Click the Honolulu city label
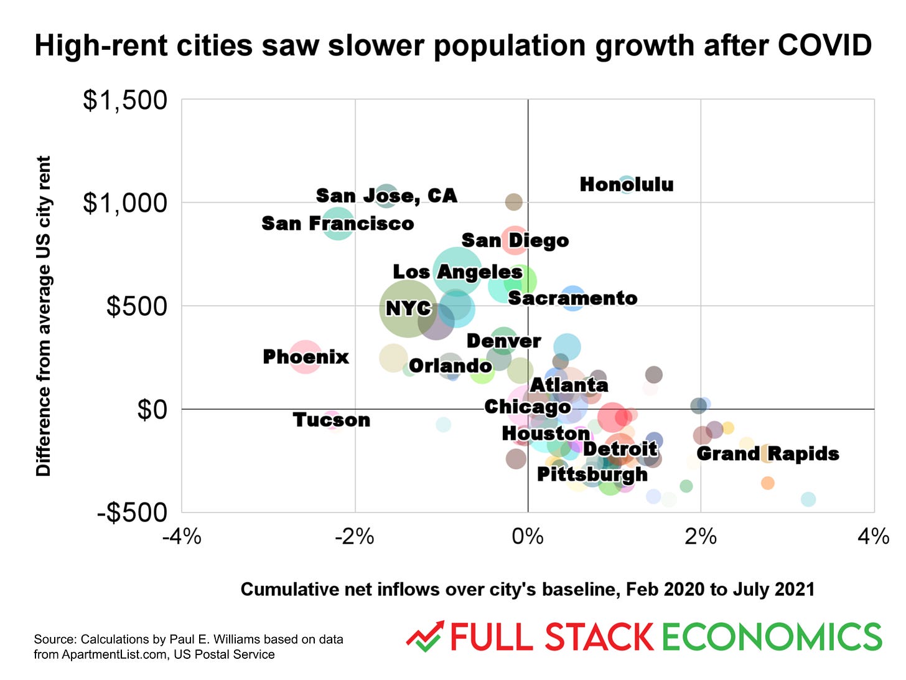pyautogui.click(x=626, y=184)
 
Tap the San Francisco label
pyautogui.click(x=337, y=223)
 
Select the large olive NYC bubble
pyautogui.click(x=408, y=308)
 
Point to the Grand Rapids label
pyautogui.click(x=767, y=453)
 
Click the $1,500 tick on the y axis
pyautogui.click(x=125, y=100)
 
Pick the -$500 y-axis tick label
pyautogui.click(x=133, y=513)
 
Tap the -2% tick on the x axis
pyautogui.click(x=355, y=536)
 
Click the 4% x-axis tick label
pyautogui.click(x=873, y=536)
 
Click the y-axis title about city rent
pyautogui.click(x=43, y=316)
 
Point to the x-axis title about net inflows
pyautogui.click(x=527, y=589)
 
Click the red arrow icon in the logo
pyautogui.click(x=424, y=636)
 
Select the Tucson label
pyautogui.click(x=331, y=420)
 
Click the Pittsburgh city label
pyautogui.click(x=592, y=475)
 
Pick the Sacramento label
pyautogui.click(x=572, y=298)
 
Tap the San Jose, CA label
pyautogui.click(x=386, y=196)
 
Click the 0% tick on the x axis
pyautogui.click(x=528, y=536)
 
